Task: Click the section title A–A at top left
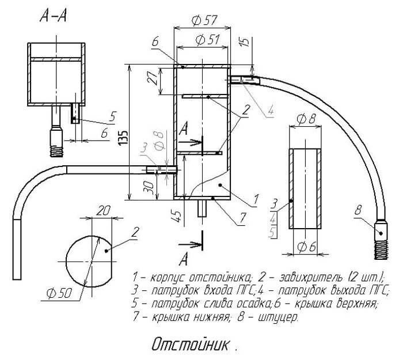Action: (x=53, y=17)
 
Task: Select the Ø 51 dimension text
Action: (x=208, y=40)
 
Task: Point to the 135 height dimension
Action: (x=123, y=137)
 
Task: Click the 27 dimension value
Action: (x=152, y=77)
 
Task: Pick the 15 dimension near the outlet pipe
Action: (x=245, y=41)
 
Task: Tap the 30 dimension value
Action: (x=149, y=187)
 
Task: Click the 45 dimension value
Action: (x=177, y=215)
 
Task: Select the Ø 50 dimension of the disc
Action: (x=59, y=293)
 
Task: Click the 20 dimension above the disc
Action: (x=103, y=211)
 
